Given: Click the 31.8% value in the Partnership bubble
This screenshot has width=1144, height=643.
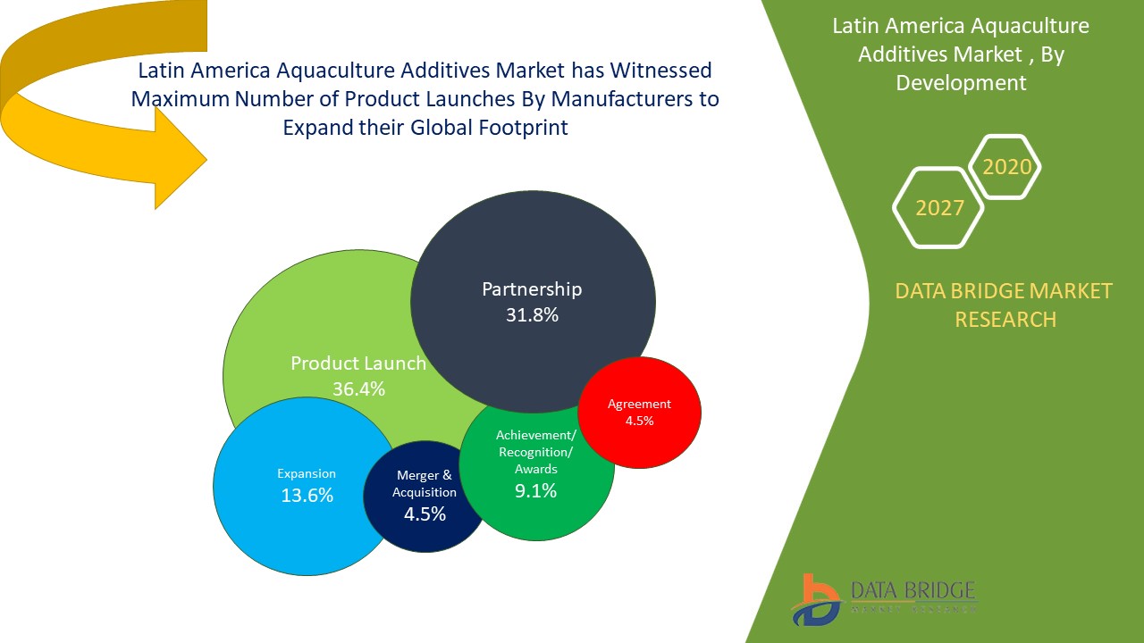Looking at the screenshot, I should click(532, 314).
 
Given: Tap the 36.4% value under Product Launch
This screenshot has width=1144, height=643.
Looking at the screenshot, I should click(358, 388).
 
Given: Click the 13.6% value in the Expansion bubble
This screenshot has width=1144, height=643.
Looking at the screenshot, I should click(307, 496).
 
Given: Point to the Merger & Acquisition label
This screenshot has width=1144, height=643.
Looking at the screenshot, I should click(425, 484).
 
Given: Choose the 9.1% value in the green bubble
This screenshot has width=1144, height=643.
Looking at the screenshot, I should click(535, 490).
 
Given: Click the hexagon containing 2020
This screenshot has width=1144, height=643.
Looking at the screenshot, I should click(1006, 167).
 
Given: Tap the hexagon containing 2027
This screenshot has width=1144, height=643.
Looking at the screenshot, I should click(939, 208).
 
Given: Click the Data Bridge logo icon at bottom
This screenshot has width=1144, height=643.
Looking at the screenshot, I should click(815, 599).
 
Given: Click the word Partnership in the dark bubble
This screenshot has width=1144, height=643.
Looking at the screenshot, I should click(532, 289).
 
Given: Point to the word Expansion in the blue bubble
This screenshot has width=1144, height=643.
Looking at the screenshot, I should click(307, 473).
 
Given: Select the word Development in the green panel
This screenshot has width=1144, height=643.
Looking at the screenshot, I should click(961, 83).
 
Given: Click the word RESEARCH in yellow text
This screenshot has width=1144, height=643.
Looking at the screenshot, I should click(1005, 319).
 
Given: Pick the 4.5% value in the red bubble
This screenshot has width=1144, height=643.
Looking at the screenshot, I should click(639, 421).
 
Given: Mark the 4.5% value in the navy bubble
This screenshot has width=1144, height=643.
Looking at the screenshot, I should click(425, 514).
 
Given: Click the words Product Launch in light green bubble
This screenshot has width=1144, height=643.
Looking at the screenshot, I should click(358, 363).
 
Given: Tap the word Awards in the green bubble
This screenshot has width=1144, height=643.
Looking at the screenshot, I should click(536, 469).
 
